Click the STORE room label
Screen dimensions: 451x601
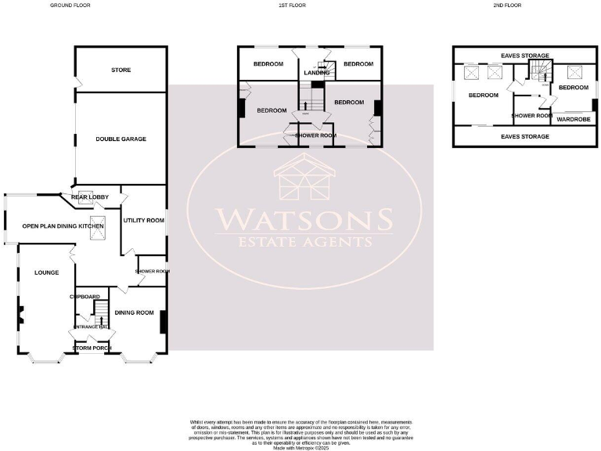click(121, 70)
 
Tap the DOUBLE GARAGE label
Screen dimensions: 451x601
click(121, 139)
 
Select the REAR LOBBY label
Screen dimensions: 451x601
click(88, 197)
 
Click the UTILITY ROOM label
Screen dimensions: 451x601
click(143, 221)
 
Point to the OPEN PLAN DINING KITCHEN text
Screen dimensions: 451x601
click(63, 226)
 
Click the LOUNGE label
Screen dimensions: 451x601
click(36, 273)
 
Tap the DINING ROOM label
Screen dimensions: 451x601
click(134, 313)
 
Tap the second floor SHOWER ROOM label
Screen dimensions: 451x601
click(532, 116)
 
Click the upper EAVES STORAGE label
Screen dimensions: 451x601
click(525, 56)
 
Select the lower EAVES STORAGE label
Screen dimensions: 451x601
click(525, 136)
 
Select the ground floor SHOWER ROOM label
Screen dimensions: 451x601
click(153, 272)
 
